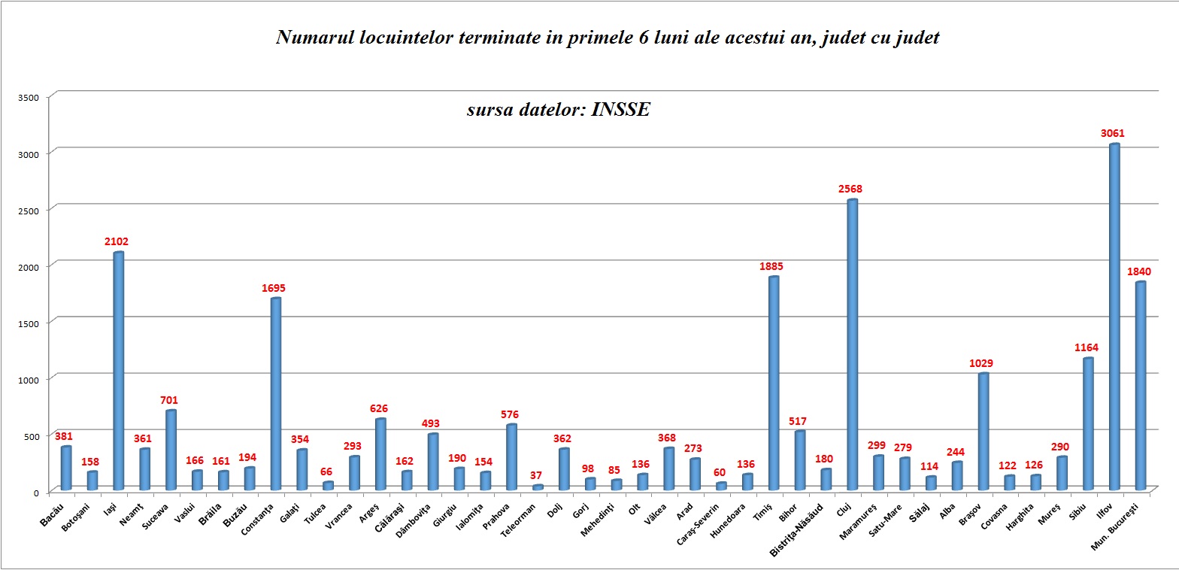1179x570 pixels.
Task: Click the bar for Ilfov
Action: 1114,316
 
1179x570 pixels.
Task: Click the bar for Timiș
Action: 774,384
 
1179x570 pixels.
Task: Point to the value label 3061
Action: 1113,133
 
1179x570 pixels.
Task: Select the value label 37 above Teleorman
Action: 537,474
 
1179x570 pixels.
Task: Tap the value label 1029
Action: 982,363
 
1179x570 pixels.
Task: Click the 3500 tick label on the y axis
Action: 29,97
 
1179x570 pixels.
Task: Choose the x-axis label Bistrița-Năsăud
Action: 798,529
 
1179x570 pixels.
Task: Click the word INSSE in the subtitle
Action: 620,110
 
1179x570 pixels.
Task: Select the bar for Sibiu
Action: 1087,424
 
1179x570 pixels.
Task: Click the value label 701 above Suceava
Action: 170,400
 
